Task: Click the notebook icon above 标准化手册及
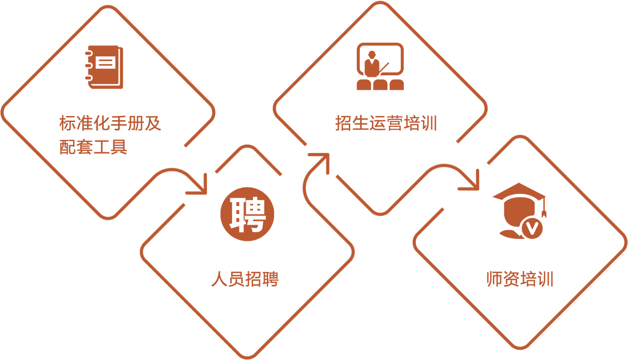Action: [105, 67]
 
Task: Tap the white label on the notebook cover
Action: [105, 62]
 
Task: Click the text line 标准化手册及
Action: [110, 123]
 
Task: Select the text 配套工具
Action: [93, 147]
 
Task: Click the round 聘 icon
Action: [247, 214]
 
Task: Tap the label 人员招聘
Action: [245, 279]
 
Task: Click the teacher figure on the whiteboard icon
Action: [372, 64]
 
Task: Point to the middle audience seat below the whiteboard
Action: [380, 85]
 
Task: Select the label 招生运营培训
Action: [386, 123]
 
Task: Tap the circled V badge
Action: [532, 228]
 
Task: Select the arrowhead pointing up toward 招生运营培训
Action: [322, 160]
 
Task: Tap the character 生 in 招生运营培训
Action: [361, 123]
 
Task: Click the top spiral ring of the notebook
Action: [89, 53]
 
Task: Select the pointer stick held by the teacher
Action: [384, 69]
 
